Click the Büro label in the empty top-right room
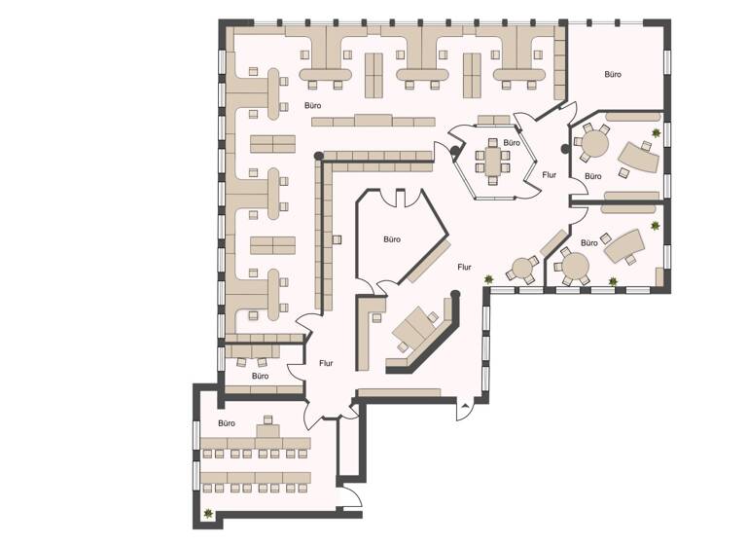point(613,74)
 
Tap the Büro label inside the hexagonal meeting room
point(512,143)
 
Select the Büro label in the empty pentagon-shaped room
point(392,239)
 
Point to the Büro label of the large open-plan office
point(313,105)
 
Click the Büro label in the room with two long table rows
point(227,423)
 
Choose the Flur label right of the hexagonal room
point(550,175)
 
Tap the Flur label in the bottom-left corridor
point(326,363)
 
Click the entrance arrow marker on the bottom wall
point(465,406)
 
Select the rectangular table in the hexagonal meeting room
point(493,161)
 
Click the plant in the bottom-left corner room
point(208,514)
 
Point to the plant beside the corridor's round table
point(488,278)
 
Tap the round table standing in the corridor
point(522,269)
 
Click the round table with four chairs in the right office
point(595,143)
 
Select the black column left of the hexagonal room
point(455,151)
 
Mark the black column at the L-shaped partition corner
point(318,156)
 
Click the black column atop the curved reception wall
point(455,294)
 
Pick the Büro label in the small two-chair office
point(260,376)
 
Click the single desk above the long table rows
point(267,432)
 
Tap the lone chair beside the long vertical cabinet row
point(337,239)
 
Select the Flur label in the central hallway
point(464,267)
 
